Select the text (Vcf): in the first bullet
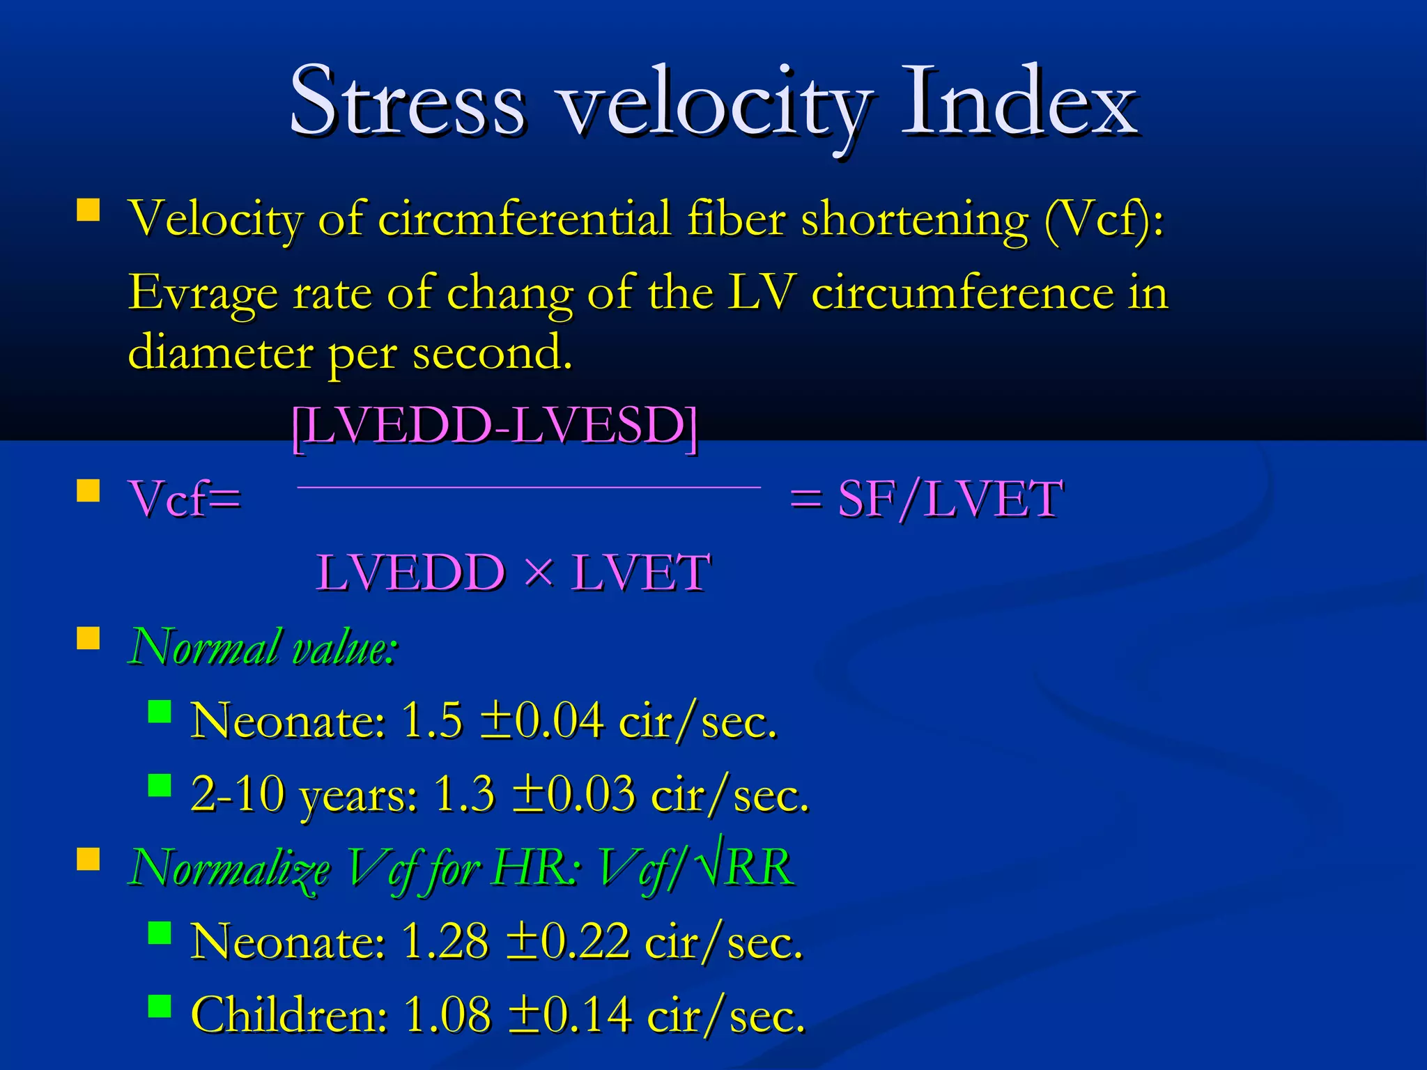click(1104, 219)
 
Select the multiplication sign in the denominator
click(538, 573)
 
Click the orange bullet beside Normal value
click(88, 637)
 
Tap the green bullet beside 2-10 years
click(160, 785)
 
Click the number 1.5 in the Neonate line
click(432, 720)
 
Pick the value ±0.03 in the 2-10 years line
click(574, 794)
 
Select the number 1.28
click(445, 942)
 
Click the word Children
click(288, 1015)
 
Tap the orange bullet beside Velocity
click(88, 210)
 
